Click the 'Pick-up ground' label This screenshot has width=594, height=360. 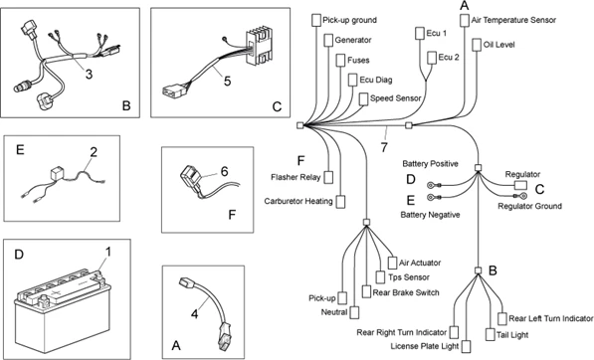click(x=356, y=19)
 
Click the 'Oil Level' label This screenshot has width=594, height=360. click(x=503, y=45)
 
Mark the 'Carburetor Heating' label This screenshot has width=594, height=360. click(x=298, y=201)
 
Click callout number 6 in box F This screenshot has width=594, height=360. click(x=225, y=171)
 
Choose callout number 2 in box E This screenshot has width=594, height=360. click(x=93, y=151)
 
